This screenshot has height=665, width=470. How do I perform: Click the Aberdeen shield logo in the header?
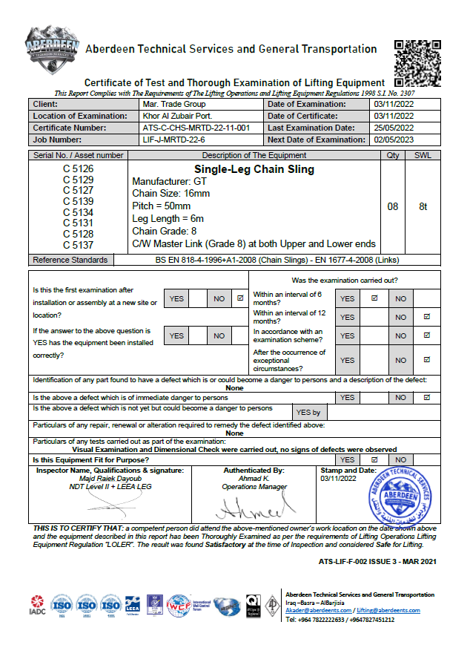[52, 53]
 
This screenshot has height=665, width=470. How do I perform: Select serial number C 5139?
[78, 201]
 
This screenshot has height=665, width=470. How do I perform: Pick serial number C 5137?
[78, 245]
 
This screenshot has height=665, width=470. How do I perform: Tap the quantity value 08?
[393, 207]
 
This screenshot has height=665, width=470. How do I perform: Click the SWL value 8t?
[423, 207]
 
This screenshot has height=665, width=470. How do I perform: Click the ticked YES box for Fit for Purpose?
[374, 460]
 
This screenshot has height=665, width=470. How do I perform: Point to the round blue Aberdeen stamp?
[403, 496]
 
